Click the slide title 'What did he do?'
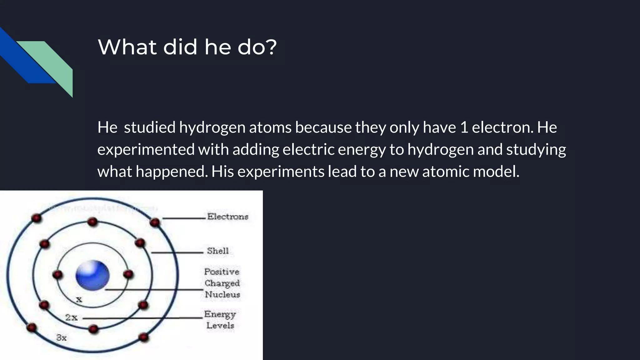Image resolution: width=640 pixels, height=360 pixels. click(187, 47)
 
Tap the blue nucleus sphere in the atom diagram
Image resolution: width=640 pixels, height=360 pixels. click(92, 275)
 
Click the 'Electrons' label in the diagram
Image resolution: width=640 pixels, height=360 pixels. click(227, 216)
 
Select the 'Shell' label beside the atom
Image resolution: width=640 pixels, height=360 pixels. click(218, 251)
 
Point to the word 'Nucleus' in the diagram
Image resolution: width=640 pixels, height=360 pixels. click(222, 294)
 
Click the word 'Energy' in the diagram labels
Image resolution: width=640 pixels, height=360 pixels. click(220, 314)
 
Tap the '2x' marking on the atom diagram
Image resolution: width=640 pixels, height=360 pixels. click(71, 317)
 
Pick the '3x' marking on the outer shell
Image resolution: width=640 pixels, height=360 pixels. click(61, 338)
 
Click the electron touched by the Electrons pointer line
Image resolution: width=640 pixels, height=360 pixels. click(155, 222)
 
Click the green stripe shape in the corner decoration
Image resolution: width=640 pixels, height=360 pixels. click(53, 62)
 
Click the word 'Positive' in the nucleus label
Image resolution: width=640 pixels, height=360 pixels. click(222, 272)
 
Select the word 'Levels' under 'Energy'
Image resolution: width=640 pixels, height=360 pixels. click(220, 326)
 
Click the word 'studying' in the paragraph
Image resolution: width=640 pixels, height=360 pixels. click(536, 149)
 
